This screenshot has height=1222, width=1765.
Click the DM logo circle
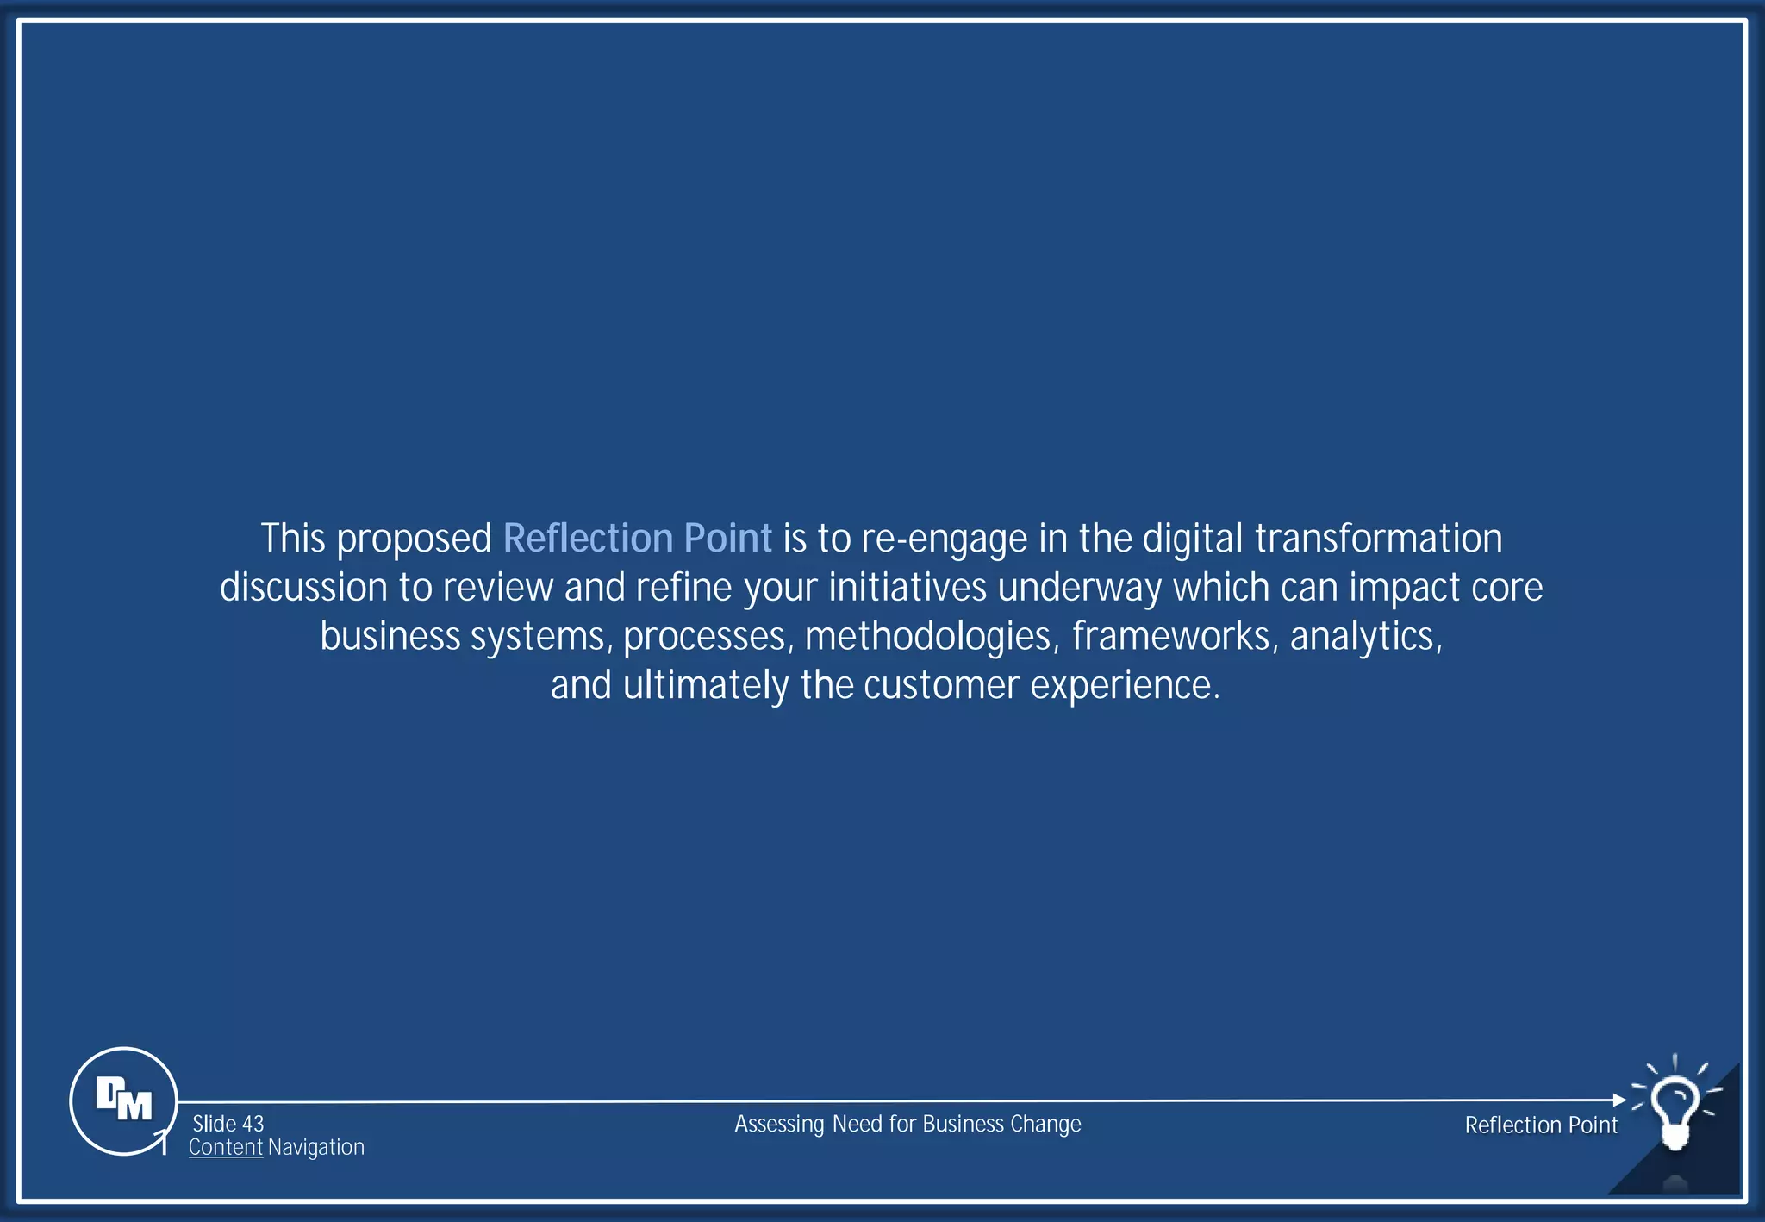(123, 1100)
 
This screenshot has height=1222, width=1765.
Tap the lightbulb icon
(1675, 1108)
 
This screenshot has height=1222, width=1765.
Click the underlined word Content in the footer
(226, 1147)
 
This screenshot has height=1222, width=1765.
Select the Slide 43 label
(228, 1124)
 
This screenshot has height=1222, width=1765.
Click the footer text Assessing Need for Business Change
(907, 1124)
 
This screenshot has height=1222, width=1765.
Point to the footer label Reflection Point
(1541, 1125)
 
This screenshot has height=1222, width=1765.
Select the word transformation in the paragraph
(1378, 538)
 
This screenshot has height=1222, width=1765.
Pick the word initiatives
(907, 588)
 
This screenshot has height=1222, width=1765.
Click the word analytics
(1366, 637)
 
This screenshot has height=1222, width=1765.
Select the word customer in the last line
(942, 686)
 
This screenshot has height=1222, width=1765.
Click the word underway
(1081, 588)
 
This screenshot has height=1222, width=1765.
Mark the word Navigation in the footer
(316, 1147)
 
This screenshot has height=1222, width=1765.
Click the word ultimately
(706, 686)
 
